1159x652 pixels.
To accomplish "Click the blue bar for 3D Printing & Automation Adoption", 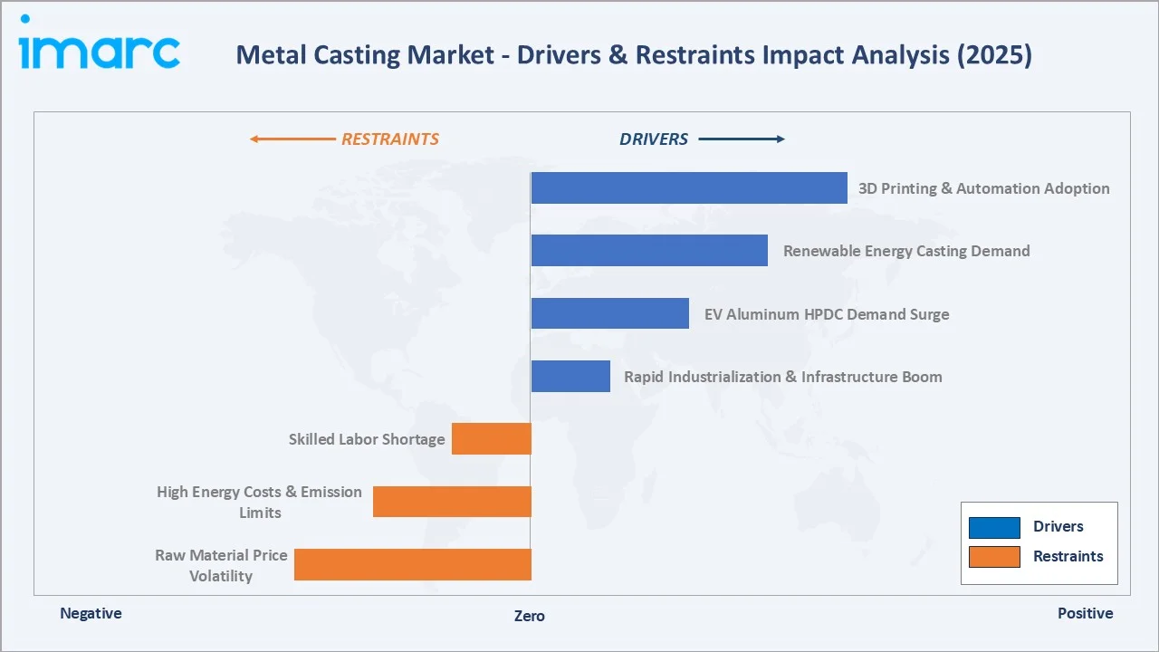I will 689,188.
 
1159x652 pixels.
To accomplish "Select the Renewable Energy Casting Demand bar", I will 649,251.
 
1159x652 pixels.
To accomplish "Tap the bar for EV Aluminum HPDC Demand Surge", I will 609,313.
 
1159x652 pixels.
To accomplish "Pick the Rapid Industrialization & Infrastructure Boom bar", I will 570,376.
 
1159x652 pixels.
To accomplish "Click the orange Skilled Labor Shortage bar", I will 492,439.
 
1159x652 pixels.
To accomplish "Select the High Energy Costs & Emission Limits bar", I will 452,502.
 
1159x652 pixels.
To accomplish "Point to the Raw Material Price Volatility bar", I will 413,564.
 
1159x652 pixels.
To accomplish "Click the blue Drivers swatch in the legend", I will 994,527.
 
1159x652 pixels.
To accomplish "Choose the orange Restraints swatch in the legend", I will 994,557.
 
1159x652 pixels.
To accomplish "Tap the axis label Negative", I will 91,614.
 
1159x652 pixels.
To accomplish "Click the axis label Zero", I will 530,616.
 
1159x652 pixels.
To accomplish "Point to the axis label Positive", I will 1085,614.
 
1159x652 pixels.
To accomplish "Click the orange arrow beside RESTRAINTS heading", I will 292,139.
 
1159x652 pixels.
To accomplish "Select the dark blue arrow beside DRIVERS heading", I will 742,139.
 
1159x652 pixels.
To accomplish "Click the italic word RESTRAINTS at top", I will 390,139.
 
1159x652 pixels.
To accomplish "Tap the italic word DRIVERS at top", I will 654,139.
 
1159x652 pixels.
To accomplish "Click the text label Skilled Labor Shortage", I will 367,439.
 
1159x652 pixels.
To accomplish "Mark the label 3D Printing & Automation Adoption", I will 984,188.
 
